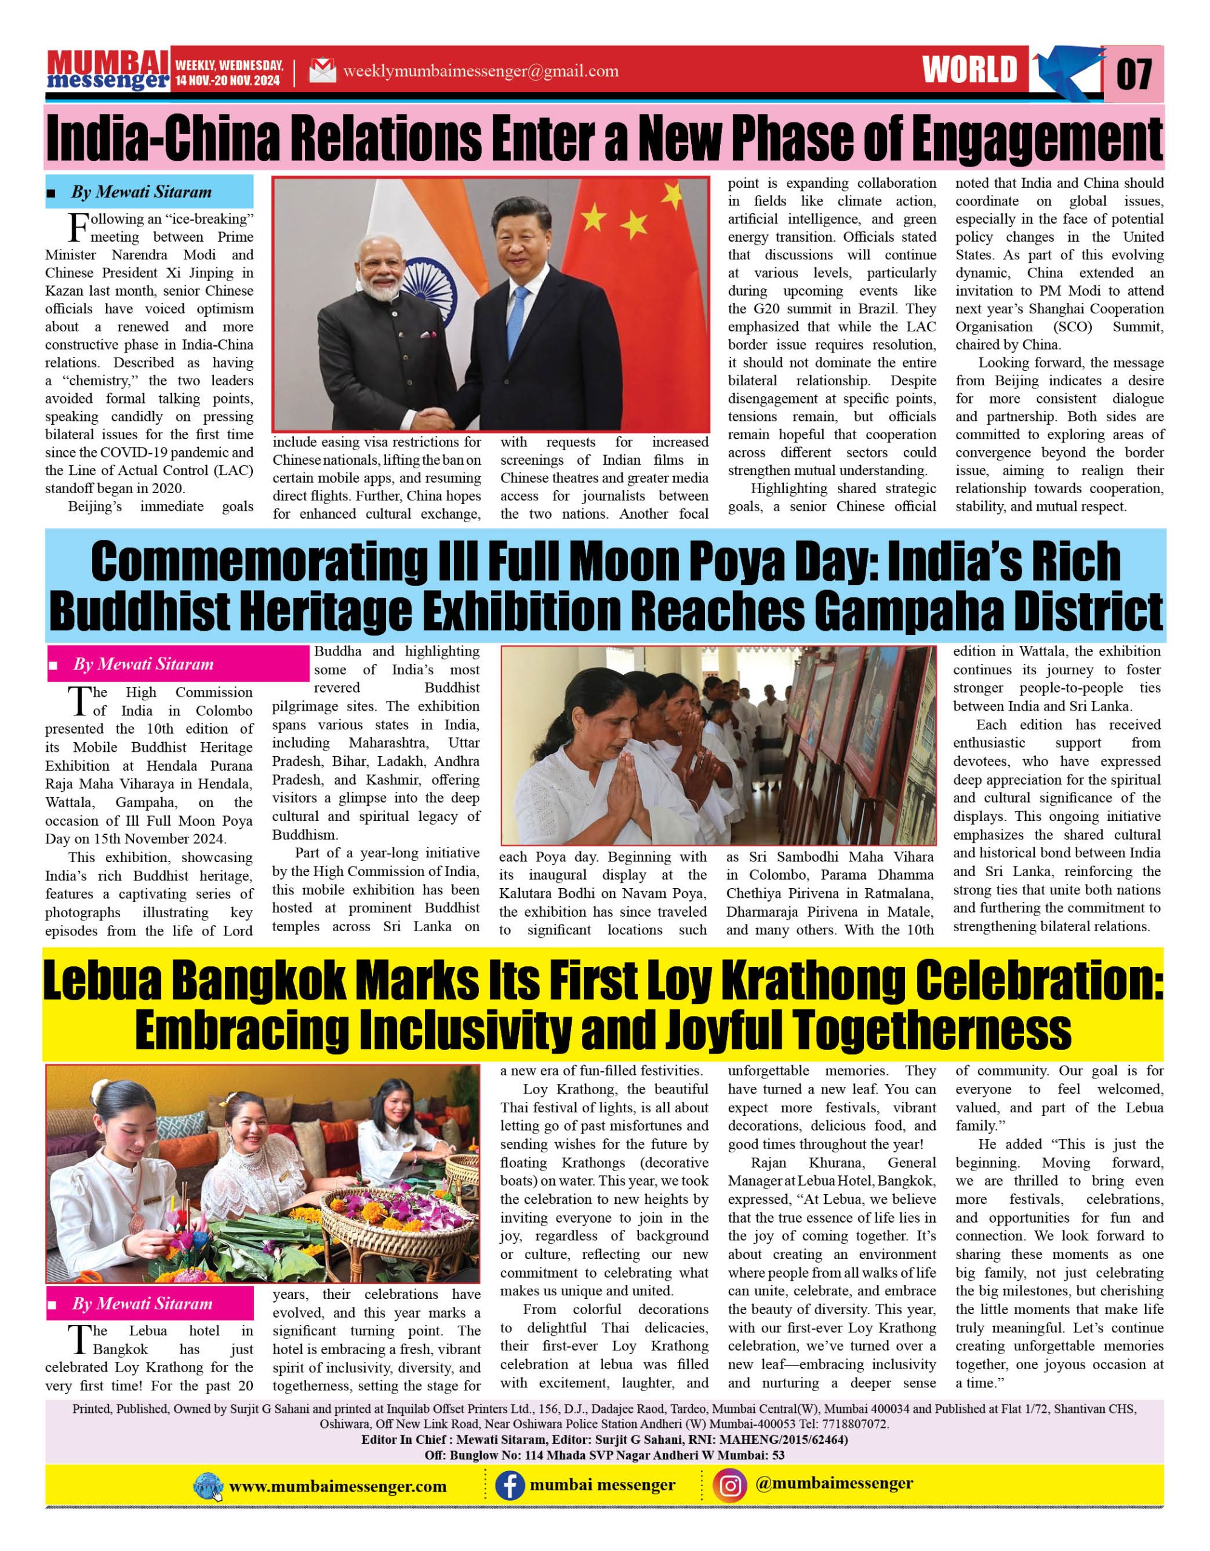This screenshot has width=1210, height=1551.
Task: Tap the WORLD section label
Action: pyautogui.click(x=970, y=70)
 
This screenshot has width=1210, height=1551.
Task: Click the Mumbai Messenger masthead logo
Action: pyautogui.click(x=108, y=71)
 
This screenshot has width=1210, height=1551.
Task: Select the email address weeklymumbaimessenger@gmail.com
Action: pyautogui.click(x=480, y=71)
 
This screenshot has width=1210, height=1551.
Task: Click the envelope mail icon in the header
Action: pyautogui.click(x=322, y=71)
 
